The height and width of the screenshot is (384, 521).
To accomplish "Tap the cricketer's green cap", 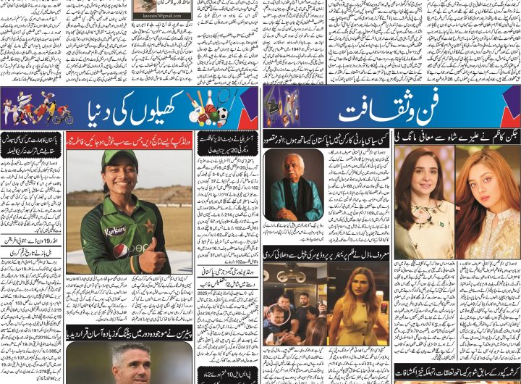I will pos(119,158).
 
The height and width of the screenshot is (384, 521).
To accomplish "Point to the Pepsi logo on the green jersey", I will pos(121,250).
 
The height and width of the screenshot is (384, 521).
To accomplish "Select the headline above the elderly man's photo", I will pos(326,135).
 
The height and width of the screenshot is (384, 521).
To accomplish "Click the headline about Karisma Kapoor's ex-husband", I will pos(457,370).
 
